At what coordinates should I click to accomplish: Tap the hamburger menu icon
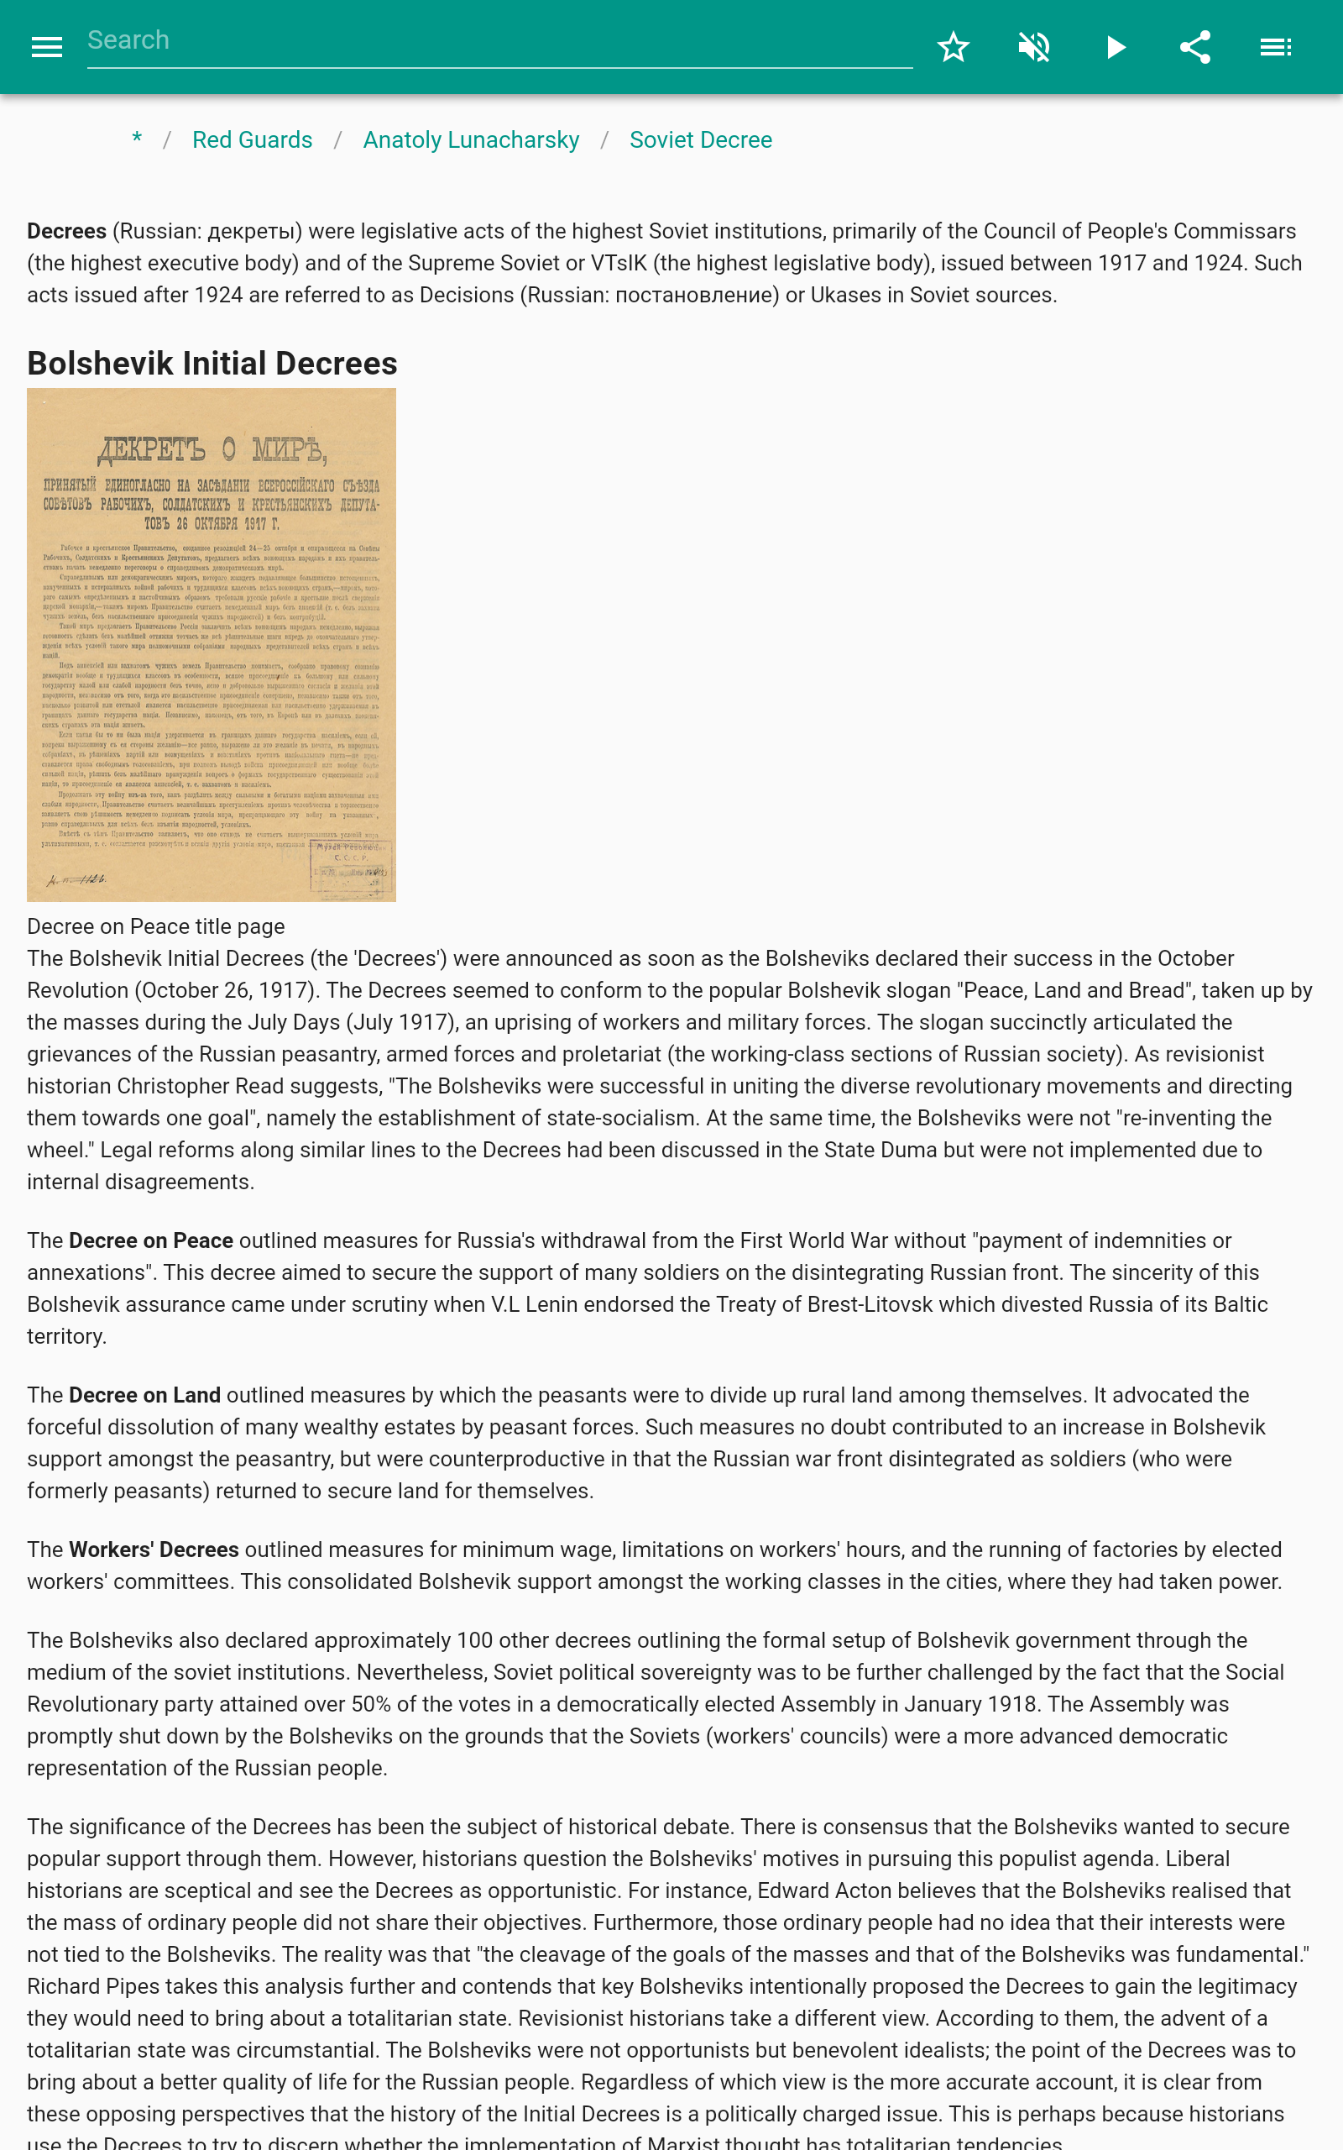pyautogui.click(x=46, y=47)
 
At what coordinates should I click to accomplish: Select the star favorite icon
pyautogui.click(x=953, y=47)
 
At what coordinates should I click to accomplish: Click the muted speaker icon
pyautogui.click(x=1034, y=47)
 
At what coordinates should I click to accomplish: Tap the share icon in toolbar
pyautogui.click(x=1194, y=47)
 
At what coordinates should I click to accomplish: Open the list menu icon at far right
pyautogui.click(x=1276, y=47)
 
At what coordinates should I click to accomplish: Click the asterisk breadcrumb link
pyautogui.click(x=137, y=139)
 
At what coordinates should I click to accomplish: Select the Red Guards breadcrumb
pyautogui.click(x=253, y=139)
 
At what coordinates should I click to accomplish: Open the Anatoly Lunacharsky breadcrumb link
pyautogui.click(x=471, y=139)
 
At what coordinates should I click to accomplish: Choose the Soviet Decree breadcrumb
pyautogui.click(x=700, y=139)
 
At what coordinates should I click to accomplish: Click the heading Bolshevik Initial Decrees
pyautogui.click(x=212, y=364)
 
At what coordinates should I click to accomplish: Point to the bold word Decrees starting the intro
pyautogui.click(x=66, y=231)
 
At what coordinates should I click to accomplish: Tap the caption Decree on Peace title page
pyautogui.click(x=155, y=926)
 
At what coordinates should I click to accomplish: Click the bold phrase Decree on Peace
pyautogui.click(x=151, y=1240)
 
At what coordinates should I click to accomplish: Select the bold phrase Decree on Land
pyautogui.click(x=144, y=1395)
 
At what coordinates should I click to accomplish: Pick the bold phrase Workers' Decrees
pyautogui.click(x=154, y=1550)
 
